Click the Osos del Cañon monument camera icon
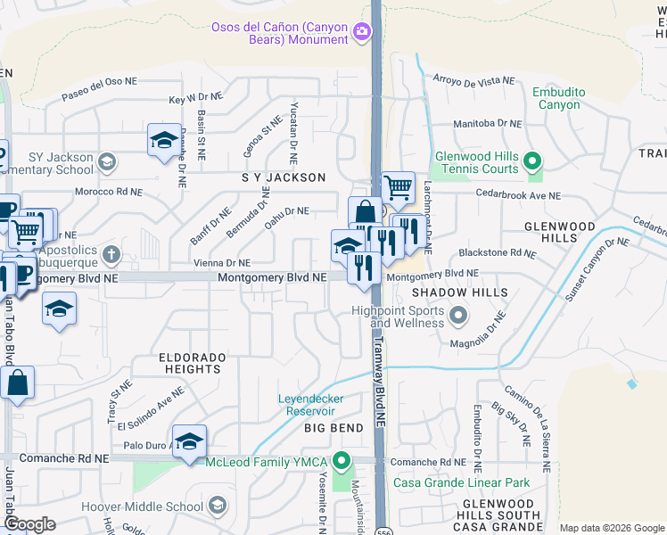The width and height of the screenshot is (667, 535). [362, 32]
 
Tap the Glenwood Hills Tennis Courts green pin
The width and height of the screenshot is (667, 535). [532, 161]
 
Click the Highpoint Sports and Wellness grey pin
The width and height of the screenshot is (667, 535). [458, 316]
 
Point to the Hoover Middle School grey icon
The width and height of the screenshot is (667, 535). [217, 506]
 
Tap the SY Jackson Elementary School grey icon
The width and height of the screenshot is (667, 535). [107, 162]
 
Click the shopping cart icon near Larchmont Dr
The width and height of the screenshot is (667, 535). [399, 187]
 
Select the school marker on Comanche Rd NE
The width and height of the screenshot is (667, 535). [189, 441]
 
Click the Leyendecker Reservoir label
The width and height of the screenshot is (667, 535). [311, 405]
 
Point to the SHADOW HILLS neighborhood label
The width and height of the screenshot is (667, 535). [459, 292]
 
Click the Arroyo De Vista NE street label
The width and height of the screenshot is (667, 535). [473, 80]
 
